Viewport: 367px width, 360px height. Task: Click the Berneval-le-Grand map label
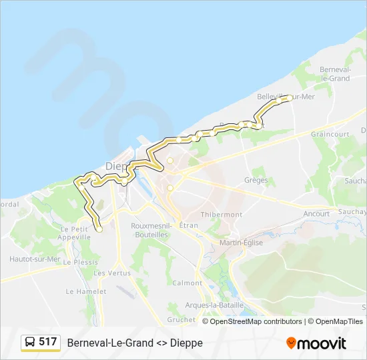(x=335, y=74)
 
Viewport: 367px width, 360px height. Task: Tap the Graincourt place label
(x=330, y=134)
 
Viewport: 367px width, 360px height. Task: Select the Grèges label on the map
(x=256, y=180)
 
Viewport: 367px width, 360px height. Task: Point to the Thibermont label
(x=222, y=215)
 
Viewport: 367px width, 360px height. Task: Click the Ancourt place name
(x=316, y=214)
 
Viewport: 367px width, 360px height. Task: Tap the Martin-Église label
(x=241, y=243)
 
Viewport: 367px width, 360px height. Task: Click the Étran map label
(x=189, y=226)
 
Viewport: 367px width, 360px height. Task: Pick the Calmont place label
(x=187, y=283)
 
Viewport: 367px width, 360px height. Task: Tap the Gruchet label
(x=181, y=319)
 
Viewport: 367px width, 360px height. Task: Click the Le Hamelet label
(x=86, y=291)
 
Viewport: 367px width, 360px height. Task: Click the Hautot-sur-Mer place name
(x=35, y=259)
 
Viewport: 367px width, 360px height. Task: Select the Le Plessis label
(x=81, y=262)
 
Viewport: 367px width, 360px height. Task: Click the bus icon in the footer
(x=30, y=343)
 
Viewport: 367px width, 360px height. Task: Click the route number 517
(x=48, y=342)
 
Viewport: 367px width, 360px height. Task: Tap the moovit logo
(x=316, y=343)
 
